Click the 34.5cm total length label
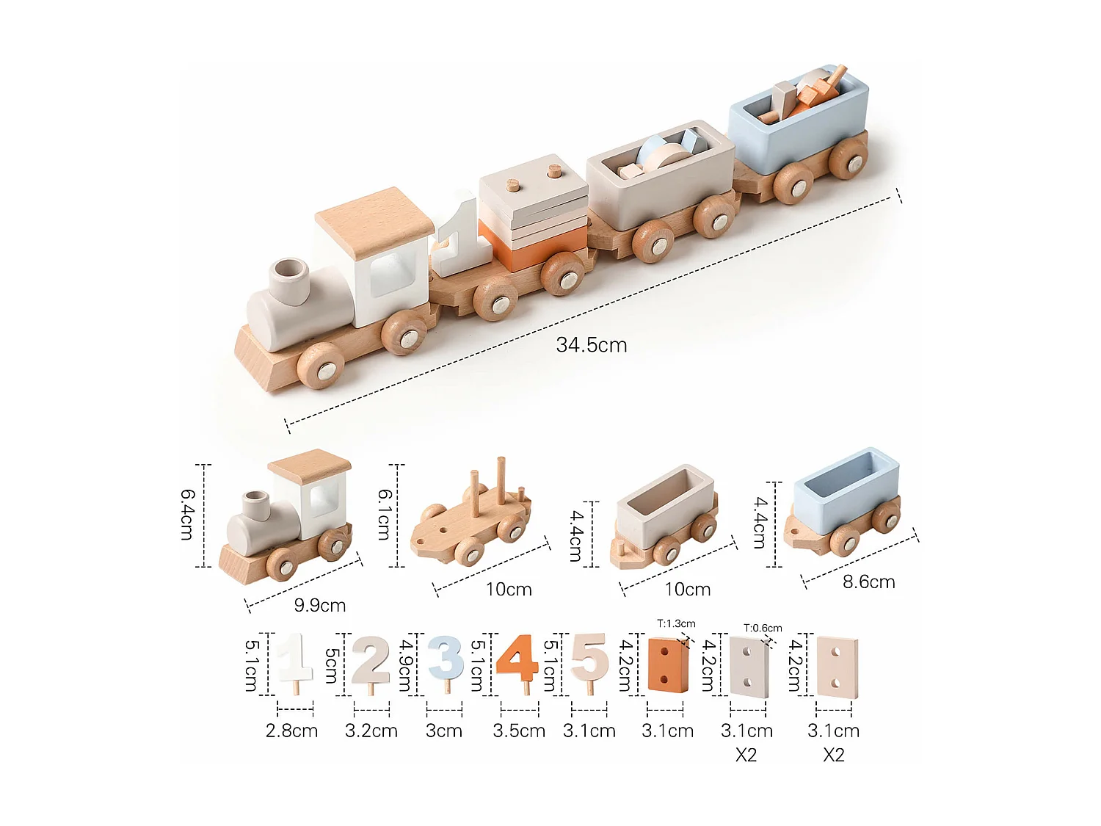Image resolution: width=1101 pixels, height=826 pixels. (x=591, y=345)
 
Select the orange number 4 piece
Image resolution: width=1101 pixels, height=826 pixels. (x=517, y=659)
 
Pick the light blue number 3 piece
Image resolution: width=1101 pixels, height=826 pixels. (x=446, y=658)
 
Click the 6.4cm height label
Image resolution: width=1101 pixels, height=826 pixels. (x=188, y=515)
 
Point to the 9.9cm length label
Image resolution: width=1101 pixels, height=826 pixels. (x=319, y=606)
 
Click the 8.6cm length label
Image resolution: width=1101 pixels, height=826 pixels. (x=868, y=582)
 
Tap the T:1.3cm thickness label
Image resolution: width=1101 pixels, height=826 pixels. (x=676, y=624)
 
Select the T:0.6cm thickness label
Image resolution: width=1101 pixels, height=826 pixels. (x=763, y=628)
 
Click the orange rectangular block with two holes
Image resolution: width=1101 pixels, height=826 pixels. (x=667, y=664)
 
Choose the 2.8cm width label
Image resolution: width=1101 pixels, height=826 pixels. (x=291, y=731)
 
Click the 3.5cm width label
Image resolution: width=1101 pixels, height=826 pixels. (x=519, y=731)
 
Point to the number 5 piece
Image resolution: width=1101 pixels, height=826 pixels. (x=589, y=658)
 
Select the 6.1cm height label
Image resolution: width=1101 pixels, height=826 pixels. (x=384, y=515)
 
